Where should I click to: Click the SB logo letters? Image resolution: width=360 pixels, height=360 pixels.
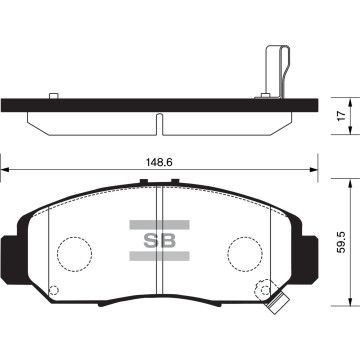point(160,241)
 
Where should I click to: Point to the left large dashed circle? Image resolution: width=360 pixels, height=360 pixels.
point(73,249)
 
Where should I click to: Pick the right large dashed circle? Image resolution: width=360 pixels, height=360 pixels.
point(243,249)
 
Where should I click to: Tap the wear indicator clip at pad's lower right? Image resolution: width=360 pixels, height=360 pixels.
point(270,297)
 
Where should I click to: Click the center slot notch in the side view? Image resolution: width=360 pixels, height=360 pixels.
point(159,121)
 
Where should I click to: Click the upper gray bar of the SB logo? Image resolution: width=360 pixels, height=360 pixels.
point(160,226)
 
